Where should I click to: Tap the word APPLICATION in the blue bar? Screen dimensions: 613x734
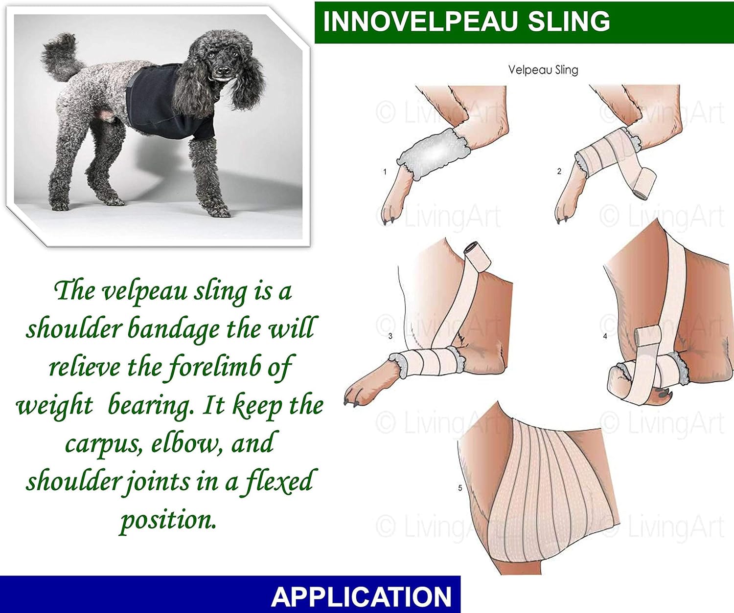[x=361, y=596]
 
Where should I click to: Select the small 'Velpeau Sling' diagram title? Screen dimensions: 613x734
[x=543, y=70]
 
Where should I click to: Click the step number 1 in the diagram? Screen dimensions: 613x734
[x=385, y=172]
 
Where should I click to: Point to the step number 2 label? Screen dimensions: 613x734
[x=559, y=171]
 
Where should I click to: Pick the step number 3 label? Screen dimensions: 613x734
[x=390, y=336]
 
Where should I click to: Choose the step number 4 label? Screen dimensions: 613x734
[x=605, y=336]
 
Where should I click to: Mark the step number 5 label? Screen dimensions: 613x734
[x=460, y=488]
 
